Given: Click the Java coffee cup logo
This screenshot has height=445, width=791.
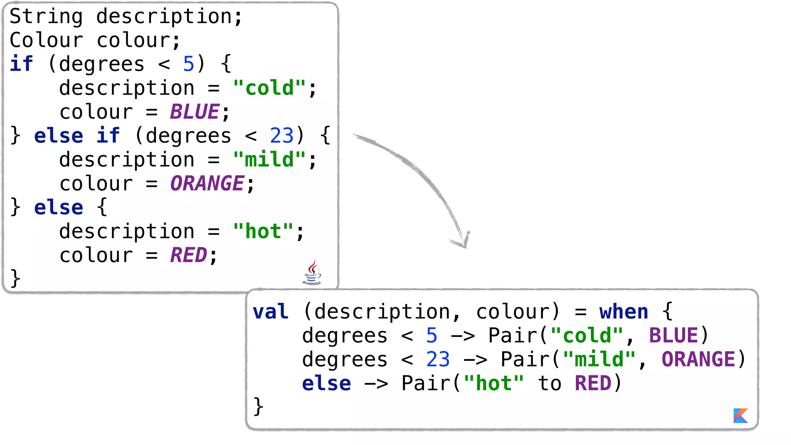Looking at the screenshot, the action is click(x=312, y=273).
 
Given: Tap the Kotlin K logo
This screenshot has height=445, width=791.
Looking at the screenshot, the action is click(x=740, y=416).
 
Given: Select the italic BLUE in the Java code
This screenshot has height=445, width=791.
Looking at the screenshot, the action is click(x=195, y=112).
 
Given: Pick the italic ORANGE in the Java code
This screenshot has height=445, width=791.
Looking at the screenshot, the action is click(x=207, y=183).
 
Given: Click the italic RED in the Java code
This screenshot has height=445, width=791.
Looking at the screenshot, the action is click(x=188, y=255).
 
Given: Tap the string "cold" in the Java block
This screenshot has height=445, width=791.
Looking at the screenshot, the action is click(x=269, y=88).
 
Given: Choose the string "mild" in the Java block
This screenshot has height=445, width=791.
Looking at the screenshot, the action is click(x=269, y=160).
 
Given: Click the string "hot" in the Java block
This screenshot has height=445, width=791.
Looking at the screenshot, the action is click(x=263, y=231).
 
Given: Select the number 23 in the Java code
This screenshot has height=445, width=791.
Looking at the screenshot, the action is click(x=282, y=136).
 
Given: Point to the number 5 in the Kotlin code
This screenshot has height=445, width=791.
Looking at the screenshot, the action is click(x=431, y=336).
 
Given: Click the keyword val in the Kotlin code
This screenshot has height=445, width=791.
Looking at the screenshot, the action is click(x=270, y=312).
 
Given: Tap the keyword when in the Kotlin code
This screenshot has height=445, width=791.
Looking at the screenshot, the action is click(x=623, y=312).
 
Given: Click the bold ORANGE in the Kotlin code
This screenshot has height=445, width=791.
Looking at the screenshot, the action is click(x=698, y=360).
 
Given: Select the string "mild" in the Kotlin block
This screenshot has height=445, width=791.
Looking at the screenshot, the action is click(x=599, y=360).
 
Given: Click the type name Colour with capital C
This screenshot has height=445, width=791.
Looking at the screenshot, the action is click(x=46, y=41).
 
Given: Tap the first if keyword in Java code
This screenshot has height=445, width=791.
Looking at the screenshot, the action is click(x=21, y=64).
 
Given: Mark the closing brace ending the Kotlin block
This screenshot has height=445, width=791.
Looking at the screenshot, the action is click(x=258, y=407).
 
